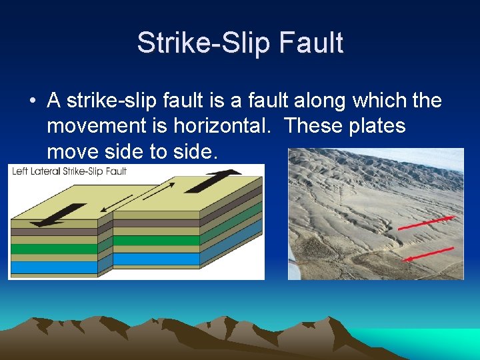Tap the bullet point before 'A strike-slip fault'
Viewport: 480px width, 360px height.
click(32, 101)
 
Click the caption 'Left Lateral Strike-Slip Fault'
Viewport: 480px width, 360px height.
click(70, 171)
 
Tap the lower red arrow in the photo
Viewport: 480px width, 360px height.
click(429, 254)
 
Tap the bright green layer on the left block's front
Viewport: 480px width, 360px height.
click(53, 249)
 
